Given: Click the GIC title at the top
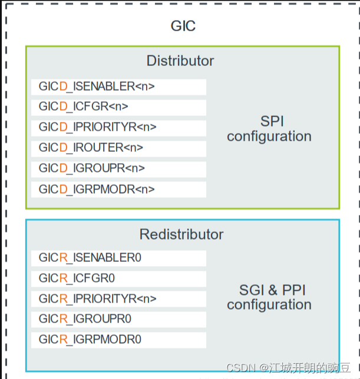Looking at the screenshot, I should click(183, 26).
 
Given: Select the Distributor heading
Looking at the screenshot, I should click(180, 61).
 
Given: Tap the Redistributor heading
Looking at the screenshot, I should click(181, 235).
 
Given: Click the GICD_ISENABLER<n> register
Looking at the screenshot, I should click(97, 87).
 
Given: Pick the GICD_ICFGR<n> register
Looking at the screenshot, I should click(84, 107).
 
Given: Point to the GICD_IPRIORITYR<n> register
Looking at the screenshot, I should click(98, 127).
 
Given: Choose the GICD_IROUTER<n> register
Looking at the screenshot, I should click(91, 148).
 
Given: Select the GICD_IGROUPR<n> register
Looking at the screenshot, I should click(92, 168).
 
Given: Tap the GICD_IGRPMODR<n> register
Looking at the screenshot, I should click(97, 189).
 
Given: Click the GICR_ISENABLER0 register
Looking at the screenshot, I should click(90, 258).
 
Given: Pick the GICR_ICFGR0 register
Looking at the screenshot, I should click(77, 278).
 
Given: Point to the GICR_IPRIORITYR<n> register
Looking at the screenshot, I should click(98, 299).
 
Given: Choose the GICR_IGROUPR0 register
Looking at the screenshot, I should click(85, 320).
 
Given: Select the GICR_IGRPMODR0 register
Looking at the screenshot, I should click(90, 340).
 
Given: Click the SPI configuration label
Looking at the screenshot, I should click(269, 129).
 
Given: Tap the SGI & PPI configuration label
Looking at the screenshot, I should click(269, 297).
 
